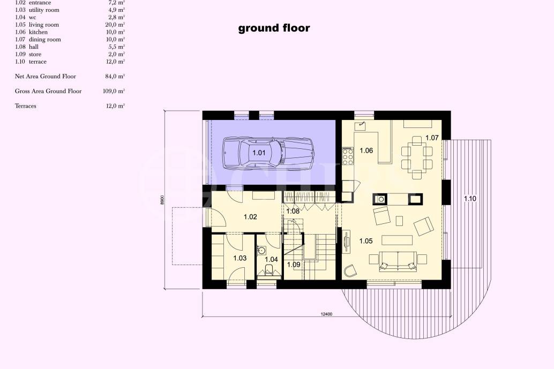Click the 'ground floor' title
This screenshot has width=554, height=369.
point(274,28)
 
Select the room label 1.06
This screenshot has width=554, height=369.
point(366,150)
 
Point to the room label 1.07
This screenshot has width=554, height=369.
point(432,138)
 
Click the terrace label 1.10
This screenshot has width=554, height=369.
point(469,199)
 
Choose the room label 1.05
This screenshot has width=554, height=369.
point(365,241)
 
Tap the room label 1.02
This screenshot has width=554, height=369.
point(250,217)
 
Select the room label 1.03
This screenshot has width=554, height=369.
point(240,258)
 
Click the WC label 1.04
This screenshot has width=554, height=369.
point(272,260)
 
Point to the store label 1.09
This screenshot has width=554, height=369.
point(293,265)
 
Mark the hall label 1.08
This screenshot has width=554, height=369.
point(293,212)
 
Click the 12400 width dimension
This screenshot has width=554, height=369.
point(327,314)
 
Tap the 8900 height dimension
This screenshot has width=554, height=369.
point(162,200)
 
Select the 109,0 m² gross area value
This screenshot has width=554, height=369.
point(113,91)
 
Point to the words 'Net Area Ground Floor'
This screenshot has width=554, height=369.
point(46,77)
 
